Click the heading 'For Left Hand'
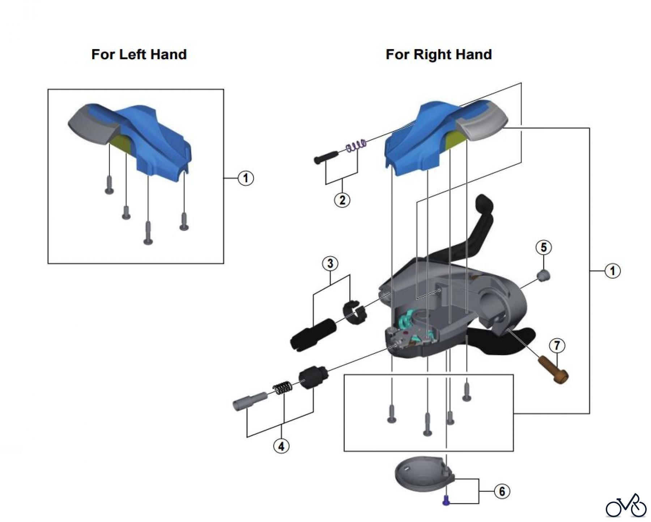(x=139, y=55)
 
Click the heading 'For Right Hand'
(x=438, y=55)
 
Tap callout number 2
(x=342, y=200)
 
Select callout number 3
(x=330, y=264)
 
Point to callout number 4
(x=281, y=446)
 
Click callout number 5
(x=544, y=248)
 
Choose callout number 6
(x=502, y=491)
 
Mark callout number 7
(x=557, y=345)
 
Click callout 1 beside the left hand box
(x=246, y=178)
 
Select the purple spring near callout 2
(x=356, y=145)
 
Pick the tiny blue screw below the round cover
(x=447, y=501)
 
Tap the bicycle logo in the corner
(x=626, y=506)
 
